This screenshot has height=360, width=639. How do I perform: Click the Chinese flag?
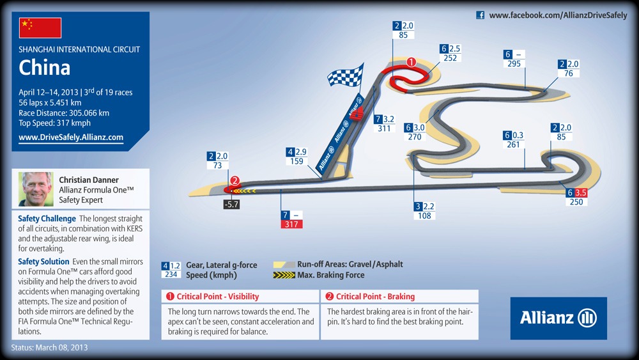(x=40, y=27)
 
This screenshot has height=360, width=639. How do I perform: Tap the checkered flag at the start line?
(x=346, y=75)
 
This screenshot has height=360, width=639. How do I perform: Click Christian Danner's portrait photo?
(x=36, y=189)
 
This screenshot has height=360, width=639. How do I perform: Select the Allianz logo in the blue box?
(x=558, y=318)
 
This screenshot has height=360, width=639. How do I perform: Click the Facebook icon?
(x=481, y=15)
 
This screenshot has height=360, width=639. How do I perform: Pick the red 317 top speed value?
(x=291, y=224)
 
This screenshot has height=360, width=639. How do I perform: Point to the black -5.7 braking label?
(x=231, y=204)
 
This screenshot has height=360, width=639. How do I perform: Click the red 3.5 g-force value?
(x=581, y=192)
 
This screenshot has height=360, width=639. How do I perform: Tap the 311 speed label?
(x=384, y=129)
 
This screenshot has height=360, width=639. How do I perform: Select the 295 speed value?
(x=514, y=63)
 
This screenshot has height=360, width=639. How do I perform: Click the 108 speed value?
(x=424, y=215)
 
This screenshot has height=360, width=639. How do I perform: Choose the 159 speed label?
(x=296, y=161)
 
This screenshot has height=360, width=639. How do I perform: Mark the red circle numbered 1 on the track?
(x=412, y=62)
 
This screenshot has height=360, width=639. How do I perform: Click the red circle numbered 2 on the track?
(x=235, y=180)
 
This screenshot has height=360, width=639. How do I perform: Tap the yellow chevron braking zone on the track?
(x=244, y=191)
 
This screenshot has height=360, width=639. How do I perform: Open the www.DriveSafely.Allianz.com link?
(x=71, y=137)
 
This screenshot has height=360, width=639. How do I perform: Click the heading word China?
(x=45, y=68)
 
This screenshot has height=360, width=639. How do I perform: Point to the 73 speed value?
(x=218, y=165)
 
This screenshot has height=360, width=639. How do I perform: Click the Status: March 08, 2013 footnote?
(x=49, y=348)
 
